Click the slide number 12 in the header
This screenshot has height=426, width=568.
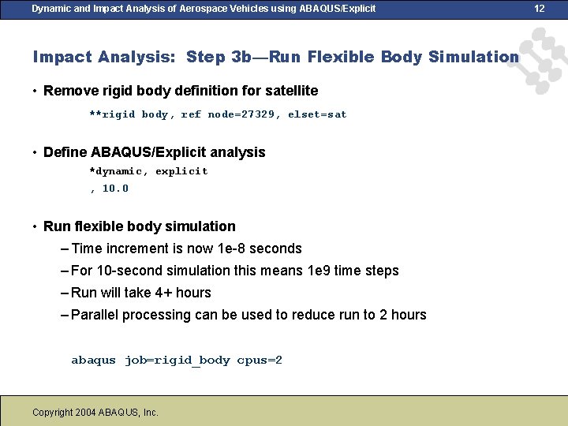(540, 9)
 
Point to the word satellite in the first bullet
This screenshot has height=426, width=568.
(292, 91)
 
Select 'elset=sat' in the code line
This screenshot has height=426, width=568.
(317, 114)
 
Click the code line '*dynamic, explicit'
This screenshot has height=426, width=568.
(148, 171)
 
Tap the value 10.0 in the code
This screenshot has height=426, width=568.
(115, 189)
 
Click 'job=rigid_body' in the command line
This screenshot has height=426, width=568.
(177, 361)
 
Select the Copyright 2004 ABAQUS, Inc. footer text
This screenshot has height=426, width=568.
(95, 412)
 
